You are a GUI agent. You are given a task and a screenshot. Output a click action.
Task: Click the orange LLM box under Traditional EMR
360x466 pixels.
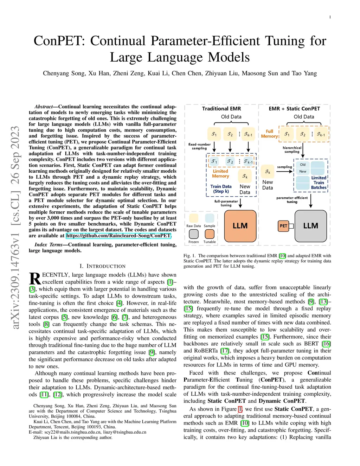click(x=240, y=226)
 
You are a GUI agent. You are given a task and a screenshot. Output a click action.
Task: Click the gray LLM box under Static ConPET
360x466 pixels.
click(x=311, y=226)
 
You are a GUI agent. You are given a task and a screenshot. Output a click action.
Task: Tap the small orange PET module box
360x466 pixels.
click(x=283, y=226)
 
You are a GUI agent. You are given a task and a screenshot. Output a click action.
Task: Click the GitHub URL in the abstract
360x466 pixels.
click(x=118, y=236)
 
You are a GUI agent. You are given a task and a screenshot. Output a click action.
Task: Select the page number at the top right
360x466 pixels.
click(x=330, y=17)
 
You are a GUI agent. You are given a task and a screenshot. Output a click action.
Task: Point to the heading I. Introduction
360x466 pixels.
click(x=103, y=266)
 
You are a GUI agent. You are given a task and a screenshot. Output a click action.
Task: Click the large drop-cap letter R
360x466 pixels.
click(x=35, y=279)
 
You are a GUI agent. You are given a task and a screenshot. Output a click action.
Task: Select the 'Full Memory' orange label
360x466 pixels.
click(x=269, y=134)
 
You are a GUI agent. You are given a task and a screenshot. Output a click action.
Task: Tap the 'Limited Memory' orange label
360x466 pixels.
click(x=220, y=174)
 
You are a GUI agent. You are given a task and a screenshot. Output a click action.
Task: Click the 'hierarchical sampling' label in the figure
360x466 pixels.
click(x=292, y=150)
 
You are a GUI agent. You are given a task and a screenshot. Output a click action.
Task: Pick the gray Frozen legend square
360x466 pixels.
click(x=194, y=234)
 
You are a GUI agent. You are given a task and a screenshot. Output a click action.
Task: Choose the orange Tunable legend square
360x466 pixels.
click(x=210, y=234)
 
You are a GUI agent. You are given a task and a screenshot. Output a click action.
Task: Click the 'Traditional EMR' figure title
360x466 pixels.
click(x=221, y=109)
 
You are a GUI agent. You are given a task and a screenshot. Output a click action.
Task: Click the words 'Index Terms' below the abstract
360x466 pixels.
click(x=49, y=245)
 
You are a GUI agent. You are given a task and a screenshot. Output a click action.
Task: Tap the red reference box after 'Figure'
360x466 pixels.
click(x=240, y=409)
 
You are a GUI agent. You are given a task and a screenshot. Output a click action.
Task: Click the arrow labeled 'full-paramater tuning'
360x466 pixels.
click(x=240, y=203)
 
